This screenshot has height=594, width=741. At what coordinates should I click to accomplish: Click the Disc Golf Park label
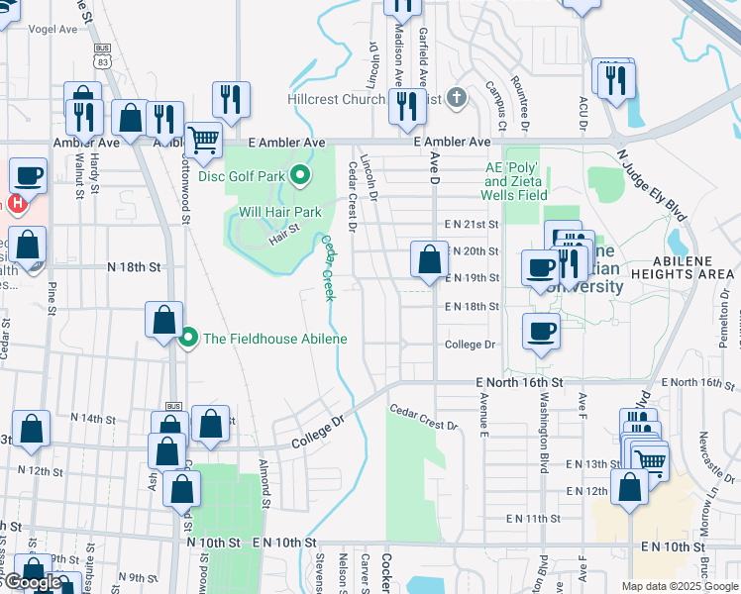(241, 176)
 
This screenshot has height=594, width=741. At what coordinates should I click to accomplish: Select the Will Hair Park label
(279, 212)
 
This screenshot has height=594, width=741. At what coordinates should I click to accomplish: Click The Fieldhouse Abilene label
(274, 339)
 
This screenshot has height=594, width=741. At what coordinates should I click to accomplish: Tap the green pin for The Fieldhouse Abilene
(188, 339)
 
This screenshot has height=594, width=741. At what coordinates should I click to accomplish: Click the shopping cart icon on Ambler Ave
(203, 141)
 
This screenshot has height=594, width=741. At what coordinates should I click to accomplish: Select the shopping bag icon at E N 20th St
(429, 259)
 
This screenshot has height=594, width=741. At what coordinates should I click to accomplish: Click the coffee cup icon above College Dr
(541, 331)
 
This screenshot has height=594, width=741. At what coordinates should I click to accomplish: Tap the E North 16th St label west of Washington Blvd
(519, 382)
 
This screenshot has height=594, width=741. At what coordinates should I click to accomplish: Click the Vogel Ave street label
(53, 30)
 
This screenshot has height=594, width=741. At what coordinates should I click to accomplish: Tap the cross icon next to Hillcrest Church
(455, 97)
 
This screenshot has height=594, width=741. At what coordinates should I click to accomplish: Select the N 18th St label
(133, 267)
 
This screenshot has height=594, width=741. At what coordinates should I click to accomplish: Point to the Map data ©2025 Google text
(679, 586)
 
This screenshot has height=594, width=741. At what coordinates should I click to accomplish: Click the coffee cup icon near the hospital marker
(28, 176)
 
